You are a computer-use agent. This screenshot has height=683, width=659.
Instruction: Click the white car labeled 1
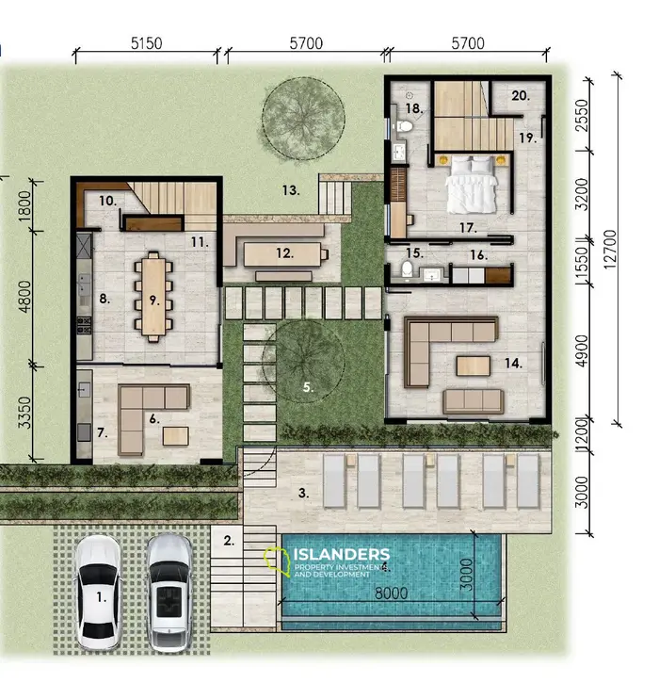pyautogui.click(x=98, y=591)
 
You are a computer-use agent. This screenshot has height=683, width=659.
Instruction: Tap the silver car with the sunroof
pyautogui.click(x=169, y=591)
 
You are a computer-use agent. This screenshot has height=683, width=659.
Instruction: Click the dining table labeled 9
pyautogui.click(x=153, y=296)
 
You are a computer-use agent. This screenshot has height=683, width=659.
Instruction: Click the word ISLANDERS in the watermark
pyautogui.click(x=342, y=553)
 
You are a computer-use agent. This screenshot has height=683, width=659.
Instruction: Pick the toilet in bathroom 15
pyautogui.click(x=406, y=271)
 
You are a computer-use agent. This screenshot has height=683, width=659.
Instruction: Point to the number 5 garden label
pyautogui.click(x=308, y=385)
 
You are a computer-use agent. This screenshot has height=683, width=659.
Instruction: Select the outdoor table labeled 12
pyautogui.click(x=284, y=253)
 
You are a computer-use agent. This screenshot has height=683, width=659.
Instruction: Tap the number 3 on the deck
pyautogui.click(x=303, y=492)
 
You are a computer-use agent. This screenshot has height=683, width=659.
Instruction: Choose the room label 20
pyautogui.click(x=521, y=96)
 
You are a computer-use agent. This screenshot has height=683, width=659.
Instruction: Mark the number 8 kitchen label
pyautogui.click(x=104, y=300)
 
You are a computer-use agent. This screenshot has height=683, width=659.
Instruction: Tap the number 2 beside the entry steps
pyautogui.click(x=229, y=541)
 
